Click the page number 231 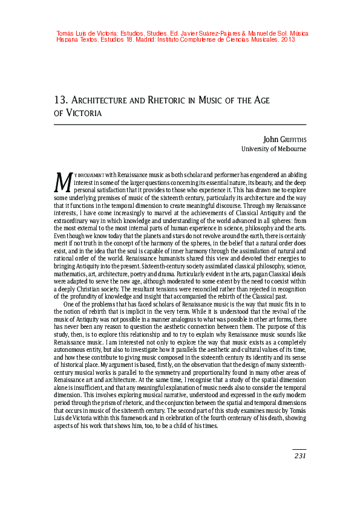pyautogui.click(x=299, y=456)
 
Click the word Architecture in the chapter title pyautogui.click(x=103, y=100)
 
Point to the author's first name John pyautogui.click(x=271, y=138)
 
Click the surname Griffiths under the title pyautogui.click(x=293, y=139)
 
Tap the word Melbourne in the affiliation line pyautogui.click(x=290, y=149)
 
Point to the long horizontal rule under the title pyautogui.click(x=180, y=124)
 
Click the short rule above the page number pyautogui.click(x=299, y=449)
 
